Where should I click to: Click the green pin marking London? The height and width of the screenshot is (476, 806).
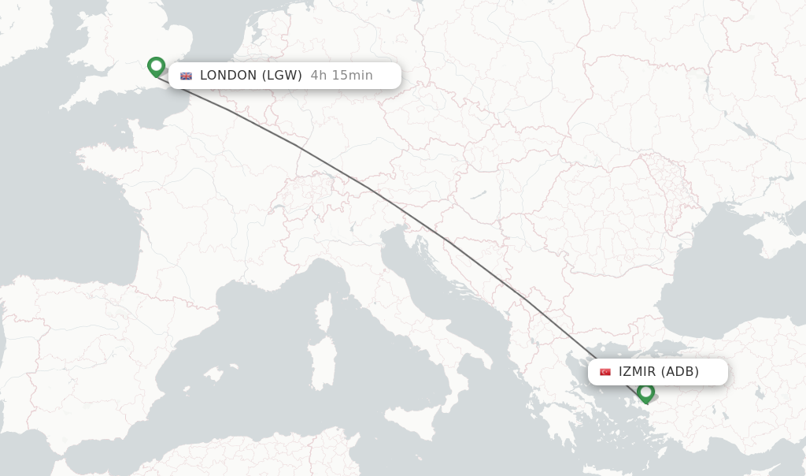pos(156,66)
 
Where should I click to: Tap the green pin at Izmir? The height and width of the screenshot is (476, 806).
pos(646,392)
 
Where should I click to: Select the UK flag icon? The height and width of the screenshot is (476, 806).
pos(187,76)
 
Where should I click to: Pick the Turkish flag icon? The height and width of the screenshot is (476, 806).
pos(605,372)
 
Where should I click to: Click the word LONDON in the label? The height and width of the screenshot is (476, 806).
pos(228,76)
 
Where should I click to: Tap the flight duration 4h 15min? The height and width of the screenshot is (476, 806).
pos(342,76)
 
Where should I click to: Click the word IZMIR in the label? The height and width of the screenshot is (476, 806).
pos(637,372)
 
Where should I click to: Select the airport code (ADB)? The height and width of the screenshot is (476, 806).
pos(679,372)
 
